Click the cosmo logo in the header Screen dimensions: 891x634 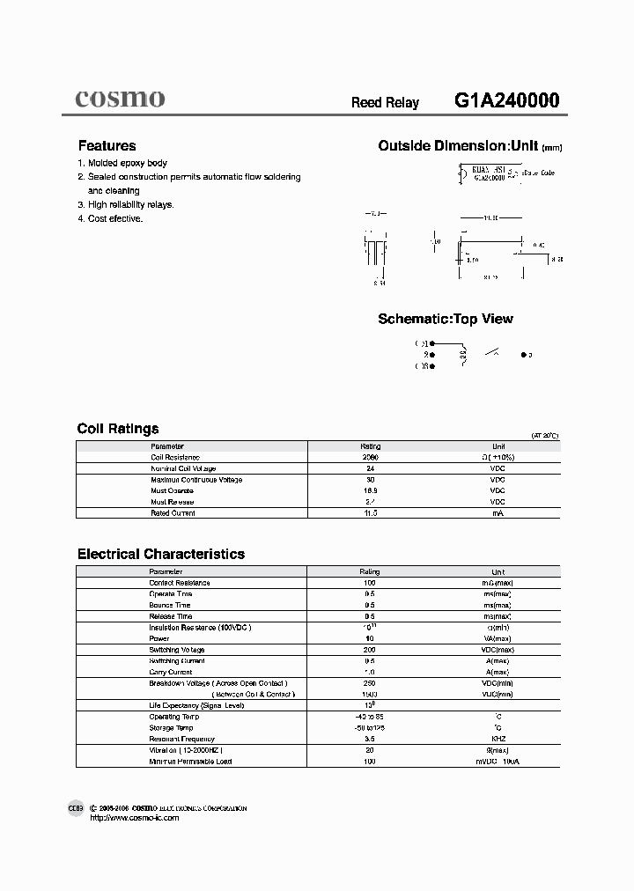119,99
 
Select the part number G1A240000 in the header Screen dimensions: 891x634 506,101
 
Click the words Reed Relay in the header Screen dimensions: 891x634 385,103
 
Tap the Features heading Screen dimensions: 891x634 107,146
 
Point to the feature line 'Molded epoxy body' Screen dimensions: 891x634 127,164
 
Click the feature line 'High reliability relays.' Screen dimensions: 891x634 130,204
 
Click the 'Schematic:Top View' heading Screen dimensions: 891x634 445,319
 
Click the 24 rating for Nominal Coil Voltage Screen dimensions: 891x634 370,468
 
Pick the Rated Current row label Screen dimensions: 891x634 173,512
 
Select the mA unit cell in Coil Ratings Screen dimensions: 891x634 498,512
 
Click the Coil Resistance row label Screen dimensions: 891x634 175,457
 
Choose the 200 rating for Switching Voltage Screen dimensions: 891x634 370,650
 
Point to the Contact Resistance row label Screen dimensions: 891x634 179,583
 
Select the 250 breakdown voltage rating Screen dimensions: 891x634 370,683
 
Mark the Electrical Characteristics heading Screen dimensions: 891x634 161,555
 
